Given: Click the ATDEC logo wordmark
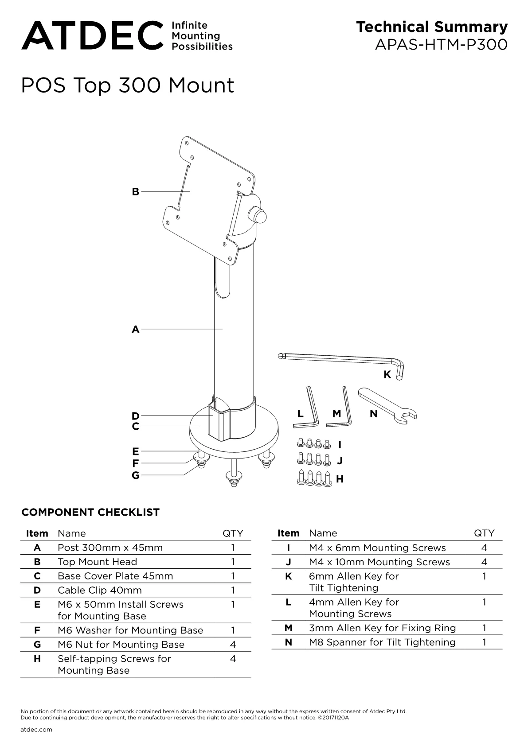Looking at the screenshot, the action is (93, 35).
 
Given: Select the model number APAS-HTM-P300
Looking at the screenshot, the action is (442, 45).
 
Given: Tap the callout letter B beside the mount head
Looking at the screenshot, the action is (135, 191).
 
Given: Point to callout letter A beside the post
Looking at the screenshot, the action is (135, 330).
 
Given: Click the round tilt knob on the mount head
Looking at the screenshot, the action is (260, 215).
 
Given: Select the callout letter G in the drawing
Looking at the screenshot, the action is (135, 475).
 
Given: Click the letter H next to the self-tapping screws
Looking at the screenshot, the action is (340, 479).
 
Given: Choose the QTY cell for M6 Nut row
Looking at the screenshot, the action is (233, 645).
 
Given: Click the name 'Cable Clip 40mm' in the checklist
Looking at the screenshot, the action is (100, 590).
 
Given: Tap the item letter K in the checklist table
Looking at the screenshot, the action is (289, 576).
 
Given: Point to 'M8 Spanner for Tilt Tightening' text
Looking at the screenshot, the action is (382, 642).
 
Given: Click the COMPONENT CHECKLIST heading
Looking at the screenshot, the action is (91, 512).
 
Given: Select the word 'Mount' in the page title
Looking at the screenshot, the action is (201, 85).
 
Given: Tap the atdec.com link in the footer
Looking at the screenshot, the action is (36, 730).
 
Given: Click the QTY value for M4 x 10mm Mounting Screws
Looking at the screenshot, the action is (485, 562).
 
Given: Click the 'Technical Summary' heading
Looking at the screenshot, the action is (432, 27).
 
